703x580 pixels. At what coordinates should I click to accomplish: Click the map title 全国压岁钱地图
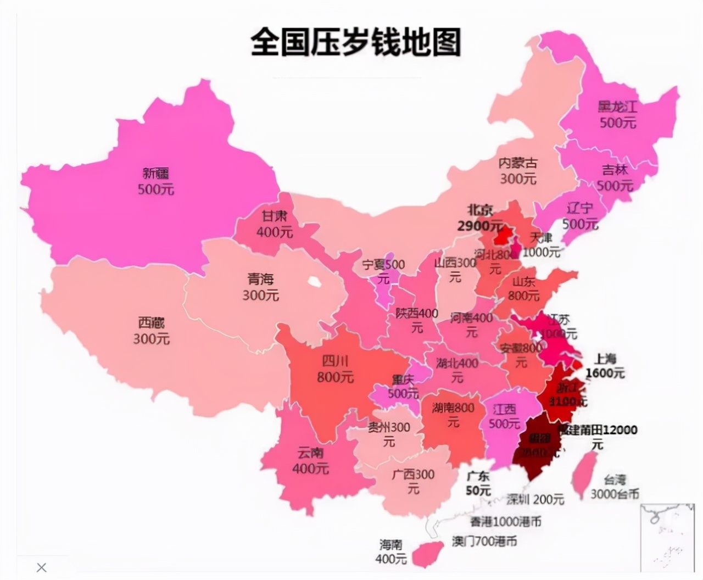[355, 42]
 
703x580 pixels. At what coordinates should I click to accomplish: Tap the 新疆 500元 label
[156, 181]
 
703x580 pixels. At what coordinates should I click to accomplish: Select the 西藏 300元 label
[151, 331]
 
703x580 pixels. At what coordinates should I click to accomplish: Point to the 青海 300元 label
[260, 287]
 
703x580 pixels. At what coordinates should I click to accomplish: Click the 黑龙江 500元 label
[617, 114]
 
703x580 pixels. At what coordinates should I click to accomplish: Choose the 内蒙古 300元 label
[517, 171]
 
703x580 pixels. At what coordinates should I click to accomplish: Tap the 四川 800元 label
[335, 369]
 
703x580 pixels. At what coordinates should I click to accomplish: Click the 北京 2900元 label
[479, 218]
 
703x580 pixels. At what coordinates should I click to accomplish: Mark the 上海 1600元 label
[605, 366]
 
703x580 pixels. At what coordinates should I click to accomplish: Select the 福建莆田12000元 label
[598, 436]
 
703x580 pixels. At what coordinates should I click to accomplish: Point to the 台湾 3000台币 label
[615, 487]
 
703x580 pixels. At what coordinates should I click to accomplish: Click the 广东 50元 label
[478, 483]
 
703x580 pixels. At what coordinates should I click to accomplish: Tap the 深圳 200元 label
[535, 499]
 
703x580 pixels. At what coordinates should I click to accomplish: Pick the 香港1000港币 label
[505, 521]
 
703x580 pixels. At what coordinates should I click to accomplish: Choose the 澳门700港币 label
[484, 541]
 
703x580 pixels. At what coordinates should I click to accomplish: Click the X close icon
[42, 567]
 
